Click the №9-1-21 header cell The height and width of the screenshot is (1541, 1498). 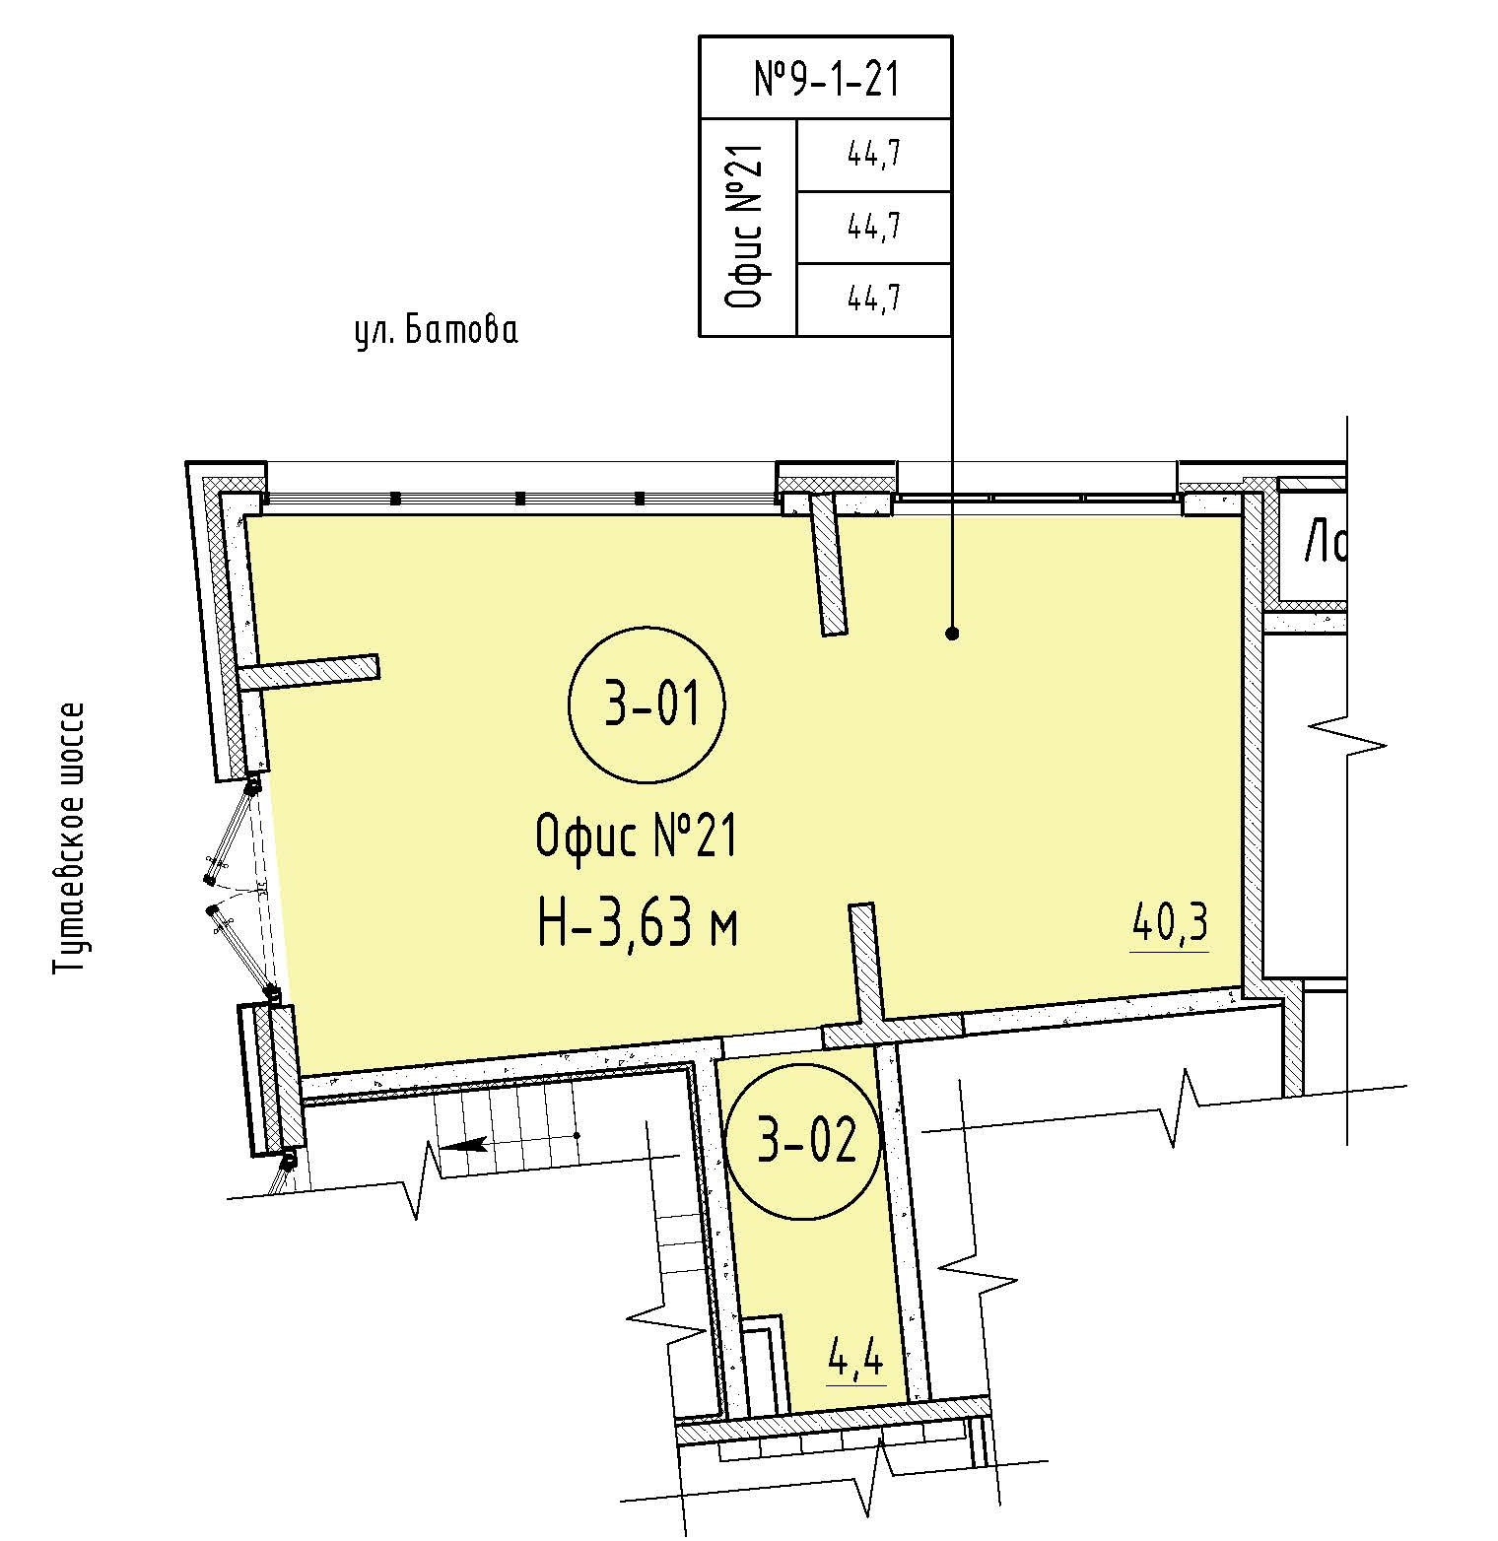(x=826, y=78)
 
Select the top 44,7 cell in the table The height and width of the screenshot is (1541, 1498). (x=874, y=155)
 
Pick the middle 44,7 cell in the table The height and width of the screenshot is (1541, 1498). (x=874, y=227)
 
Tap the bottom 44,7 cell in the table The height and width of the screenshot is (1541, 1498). (x=874, y=299)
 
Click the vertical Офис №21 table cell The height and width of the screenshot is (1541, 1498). (x=748, y=228)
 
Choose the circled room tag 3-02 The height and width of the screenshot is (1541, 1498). (x=802, y=1145)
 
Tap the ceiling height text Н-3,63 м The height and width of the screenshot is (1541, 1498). (x=639, y=926)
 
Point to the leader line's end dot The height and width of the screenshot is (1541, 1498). (x=952, y=634)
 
